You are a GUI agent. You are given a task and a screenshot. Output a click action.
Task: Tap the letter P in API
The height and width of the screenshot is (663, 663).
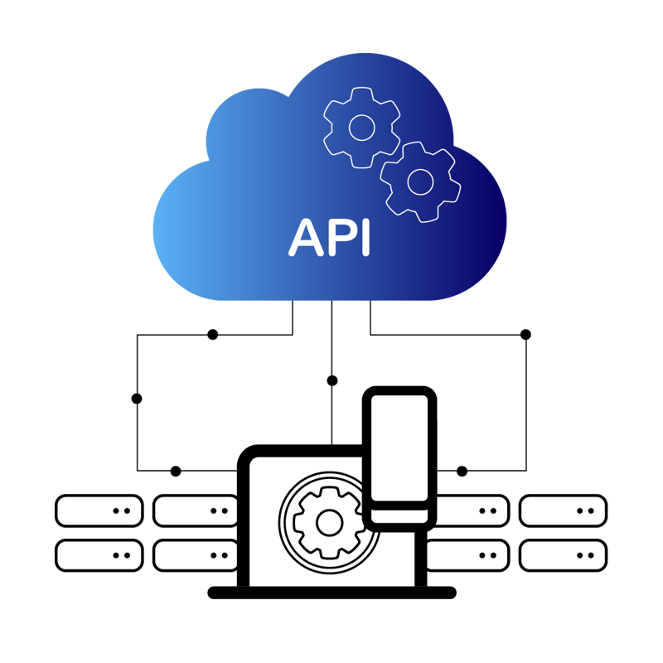(339, 238)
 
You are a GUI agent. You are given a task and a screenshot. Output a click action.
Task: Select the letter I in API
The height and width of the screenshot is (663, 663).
(364, 238)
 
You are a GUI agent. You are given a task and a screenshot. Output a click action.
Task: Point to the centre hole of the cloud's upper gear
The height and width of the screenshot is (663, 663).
(361, 127)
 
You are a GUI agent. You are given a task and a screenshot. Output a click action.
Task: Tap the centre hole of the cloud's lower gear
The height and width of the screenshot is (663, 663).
(420, 181)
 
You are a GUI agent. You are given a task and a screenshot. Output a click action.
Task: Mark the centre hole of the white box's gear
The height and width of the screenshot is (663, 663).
(329, 523)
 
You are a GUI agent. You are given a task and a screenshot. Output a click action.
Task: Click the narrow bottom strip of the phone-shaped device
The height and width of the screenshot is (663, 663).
(399, 515)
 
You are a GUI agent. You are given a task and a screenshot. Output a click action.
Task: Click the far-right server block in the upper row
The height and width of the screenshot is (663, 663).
(563, 511)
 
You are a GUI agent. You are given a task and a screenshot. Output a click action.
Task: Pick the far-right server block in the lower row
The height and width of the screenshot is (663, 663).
(563, 554)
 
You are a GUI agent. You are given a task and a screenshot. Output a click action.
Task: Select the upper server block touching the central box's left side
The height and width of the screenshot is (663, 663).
(197, 511)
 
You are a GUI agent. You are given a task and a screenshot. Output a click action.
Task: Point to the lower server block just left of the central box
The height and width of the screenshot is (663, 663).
(197, 554)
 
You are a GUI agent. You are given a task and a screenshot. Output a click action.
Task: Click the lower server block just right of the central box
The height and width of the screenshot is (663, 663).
(465, 554)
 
